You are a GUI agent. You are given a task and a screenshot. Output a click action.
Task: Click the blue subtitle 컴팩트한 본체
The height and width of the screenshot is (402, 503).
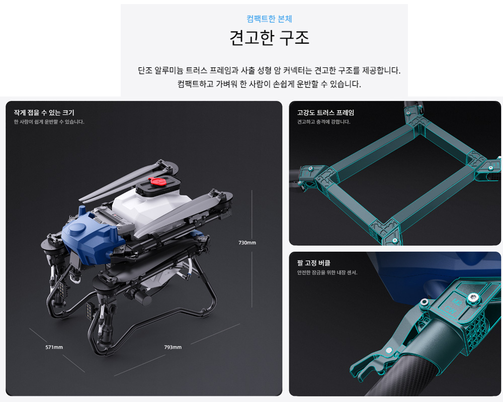(269, 19)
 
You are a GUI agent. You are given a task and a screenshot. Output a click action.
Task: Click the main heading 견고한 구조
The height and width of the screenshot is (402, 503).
(269, 38)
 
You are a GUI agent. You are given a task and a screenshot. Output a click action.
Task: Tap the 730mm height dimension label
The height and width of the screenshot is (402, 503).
(247, 243)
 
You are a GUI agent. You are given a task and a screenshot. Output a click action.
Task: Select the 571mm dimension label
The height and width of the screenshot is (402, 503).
(54, 347)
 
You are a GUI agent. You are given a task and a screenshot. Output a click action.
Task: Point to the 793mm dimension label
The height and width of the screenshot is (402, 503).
(173, 347)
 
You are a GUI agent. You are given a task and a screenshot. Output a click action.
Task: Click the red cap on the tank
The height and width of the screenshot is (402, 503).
(157, 181)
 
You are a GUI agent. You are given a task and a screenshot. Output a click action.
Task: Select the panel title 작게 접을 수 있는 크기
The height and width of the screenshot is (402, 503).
(44, 113)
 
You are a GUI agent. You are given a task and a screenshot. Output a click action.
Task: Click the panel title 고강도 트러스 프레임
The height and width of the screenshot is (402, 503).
(325, 113)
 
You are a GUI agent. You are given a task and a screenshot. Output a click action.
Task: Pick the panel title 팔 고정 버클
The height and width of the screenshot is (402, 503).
(313, 263)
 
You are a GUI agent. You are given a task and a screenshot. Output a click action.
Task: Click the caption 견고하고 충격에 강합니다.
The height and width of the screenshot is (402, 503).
(323, 122)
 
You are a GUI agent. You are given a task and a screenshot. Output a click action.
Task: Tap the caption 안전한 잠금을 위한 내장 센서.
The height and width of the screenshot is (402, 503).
(327, 272)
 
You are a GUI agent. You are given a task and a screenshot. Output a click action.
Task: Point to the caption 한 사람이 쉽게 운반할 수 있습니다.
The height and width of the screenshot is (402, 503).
(49, 122)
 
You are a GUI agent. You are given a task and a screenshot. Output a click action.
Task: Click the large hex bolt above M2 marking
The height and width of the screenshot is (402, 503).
(473, 298)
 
